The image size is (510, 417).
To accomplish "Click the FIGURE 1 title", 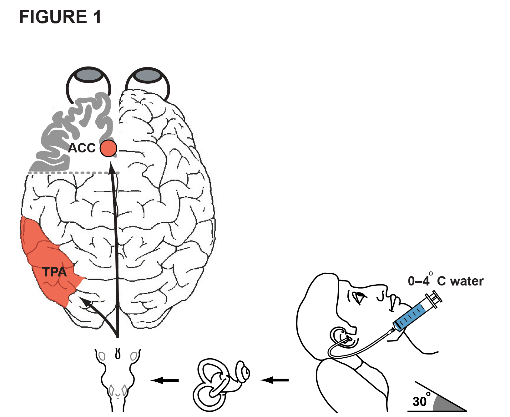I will (x=60, y=17).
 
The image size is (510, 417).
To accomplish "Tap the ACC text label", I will (x=82, y=148).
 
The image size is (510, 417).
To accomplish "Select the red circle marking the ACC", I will (x=108, y=148).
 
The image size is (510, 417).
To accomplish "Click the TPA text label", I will (x=54, y=272).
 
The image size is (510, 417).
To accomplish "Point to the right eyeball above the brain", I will (x=147, y=76).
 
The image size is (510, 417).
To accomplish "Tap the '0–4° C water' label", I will (x=446, y=281).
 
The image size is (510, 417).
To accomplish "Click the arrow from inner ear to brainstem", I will (x=165, y=380).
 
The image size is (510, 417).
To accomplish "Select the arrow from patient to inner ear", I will (x=275, y=380).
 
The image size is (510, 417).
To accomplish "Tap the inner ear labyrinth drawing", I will (x=219, y=384).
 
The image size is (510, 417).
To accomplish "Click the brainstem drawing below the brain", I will (x=118, y=378).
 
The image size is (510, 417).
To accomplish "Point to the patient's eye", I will (x=358, y=295).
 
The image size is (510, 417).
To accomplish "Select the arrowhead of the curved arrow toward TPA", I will (x=86, y=302).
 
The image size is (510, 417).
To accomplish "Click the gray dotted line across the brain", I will (x=73, y=172).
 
